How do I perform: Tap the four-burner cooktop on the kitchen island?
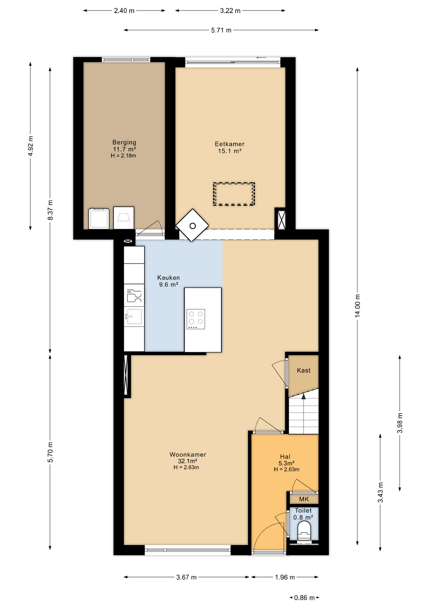coord(196,319)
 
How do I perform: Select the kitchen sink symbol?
coord(134,317)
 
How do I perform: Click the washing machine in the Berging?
coord(99,218)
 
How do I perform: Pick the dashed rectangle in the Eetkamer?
coord(234,194)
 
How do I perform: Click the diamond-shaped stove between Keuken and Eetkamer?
coord(192,225)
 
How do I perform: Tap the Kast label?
coord(304,370)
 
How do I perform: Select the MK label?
coord(304,499)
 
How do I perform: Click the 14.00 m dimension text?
coord(357,306)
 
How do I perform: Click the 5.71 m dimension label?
coord(221,30)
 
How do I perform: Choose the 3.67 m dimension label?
coord(186,577)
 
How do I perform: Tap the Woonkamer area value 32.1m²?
coord(187,461)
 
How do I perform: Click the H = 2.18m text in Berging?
coord(123,155)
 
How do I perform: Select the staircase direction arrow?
coord(304,396)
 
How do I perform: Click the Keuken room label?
coord(168,277)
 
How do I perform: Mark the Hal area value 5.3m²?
coord(286,463)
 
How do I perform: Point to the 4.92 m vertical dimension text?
coord(30,146)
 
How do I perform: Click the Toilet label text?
coord(303,510)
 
